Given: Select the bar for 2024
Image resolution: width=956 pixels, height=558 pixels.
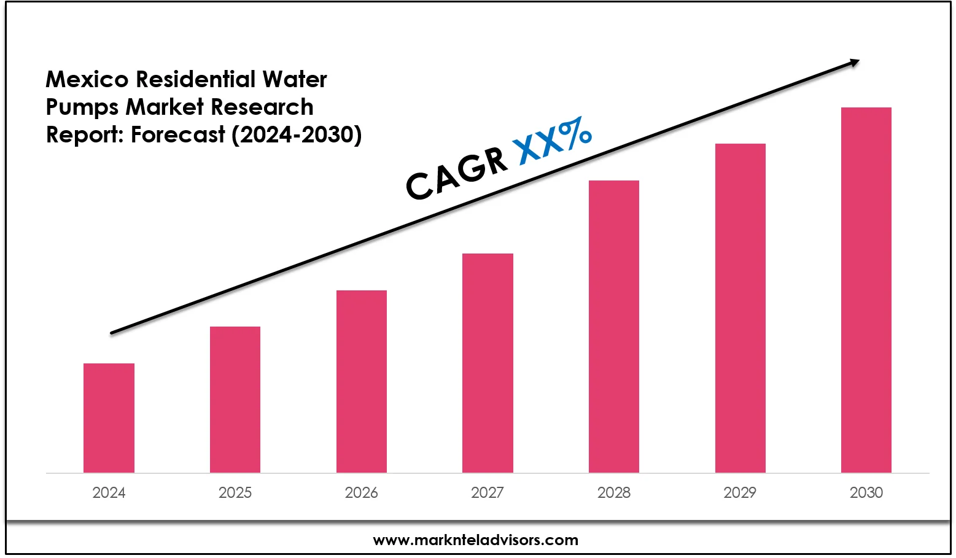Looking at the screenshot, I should click(109, 418).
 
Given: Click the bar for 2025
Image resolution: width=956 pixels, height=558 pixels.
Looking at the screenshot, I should click(235, 400).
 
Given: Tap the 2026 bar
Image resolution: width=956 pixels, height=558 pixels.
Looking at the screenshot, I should click(362, 381).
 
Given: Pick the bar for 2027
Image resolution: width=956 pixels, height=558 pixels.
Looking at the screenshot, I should click(488, 363).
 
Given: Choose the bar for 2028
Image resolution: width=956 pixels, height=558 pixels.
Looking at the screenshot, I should click(614, 327).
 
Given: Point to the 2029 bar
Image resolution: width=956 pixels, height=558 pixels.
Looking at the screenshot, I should click(740, 308).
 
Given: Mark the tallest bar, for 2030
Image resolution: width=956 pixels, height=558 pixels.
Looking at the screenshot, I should click(866, 290).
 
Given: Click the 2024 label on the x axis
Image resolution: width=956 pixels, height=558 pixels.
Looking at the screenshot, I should click(109, 492).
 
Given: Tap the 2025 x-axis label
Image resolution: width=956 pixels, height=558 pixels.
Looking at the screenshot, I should click(235, 492).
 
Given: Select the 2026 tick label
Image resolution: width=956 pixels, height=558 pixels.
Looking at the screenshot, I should click(362, 492).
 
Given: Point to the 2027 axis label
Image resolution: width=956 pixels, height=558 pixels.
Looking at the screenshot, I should click(488, 492).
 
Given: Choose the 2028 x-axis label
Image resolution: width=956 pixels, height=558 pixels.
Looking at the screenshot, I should click(614, 492).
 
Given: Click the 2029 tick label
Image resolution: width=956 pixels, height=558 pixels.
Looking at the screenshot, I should click(740, 492).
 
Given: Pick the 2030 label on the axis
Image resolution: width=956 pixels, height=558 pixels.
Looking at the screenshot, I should click(866, 492).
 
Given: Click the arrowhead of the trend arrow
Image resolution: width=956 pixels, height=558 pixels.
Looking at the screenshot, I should click(853, 61).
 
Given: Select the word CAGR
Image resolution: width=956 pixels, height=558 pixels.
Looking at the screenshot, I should click(457, 174).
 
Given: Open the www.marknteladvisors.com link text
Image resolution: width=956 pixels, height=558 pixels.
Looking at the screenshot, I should click(476, 540).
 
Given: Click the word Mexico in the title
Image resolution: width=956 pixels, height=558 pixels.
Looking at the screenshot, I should click(87, 79).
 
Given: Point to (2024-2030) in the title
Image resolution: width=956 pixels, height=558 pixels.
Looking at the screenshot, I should click(297, 134).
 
